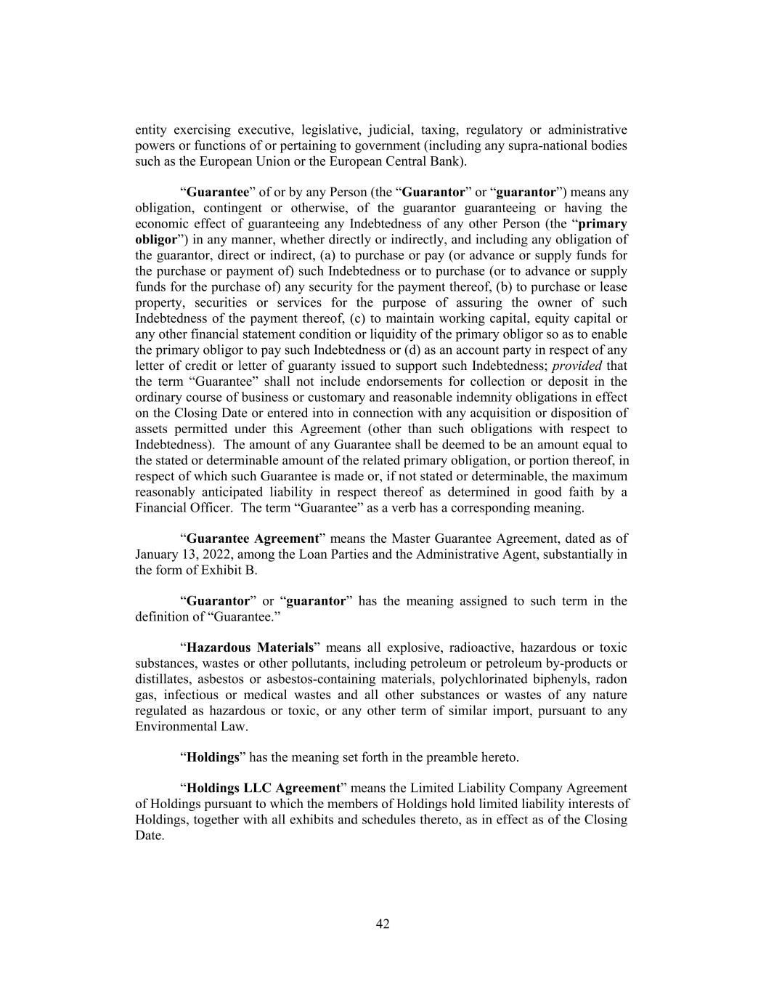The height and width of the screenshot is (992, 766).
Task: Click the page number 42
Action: point(383,924)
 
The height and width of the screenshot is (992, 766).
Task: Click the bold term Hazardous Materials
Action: point(250,648)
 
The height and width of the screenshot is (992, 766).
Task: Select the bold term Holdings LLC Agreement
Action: point(264,788)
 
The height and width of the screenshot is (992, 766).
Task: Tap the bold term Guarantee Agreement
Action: point(253,539)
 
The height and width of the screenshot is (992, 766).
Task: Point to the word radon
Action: point(611,679)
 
